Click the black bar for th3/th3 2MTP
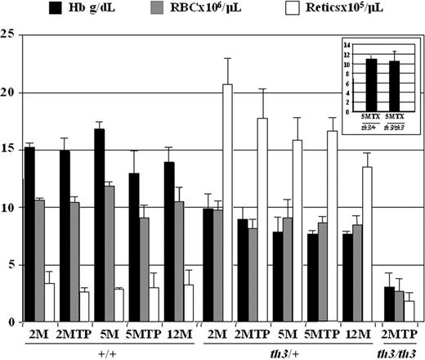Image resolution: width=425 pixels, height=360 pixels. coord(389,304)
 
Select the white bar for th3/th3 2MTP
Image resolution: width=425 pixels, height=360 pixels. coord(409,312)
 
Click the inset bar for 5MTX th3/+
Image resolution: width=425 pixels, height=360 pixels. coord(370,85)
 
